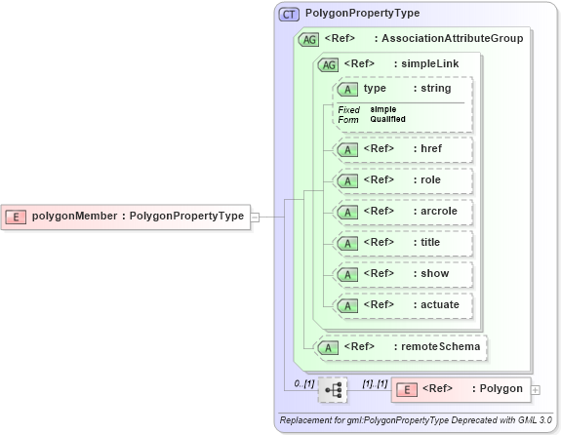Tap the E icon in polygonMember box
[x=17, y=217]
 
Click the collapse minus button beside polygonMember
[x=255, y=217]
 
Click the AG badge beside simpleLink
[x=329, y=64]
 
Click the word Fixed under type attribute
[x=349, y=109]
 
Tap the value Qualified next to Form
[x=388, y=119]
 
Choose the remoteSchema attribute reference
[x=403, y=346]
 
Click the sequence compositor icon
[x=333, y=389]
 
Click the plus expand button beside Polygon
[x=536, y=390]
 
